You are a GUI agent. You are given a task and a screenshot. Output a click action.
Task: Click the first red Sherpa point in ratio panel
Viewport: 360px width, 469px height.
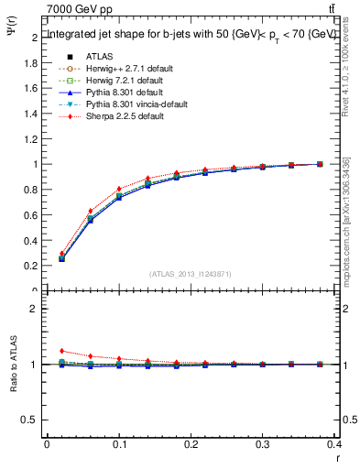pyautogui.click(x=61, y=351)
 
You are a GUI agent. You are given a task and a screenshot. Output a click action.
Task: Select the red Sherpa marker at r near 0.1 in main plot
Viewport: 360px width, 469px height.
pyautogui.click(x=119, y=190)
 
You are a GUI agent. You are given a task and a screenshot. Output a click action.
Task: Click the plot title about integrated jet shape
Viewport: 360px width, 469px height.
pyautogui.click(x=191, y=34)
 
